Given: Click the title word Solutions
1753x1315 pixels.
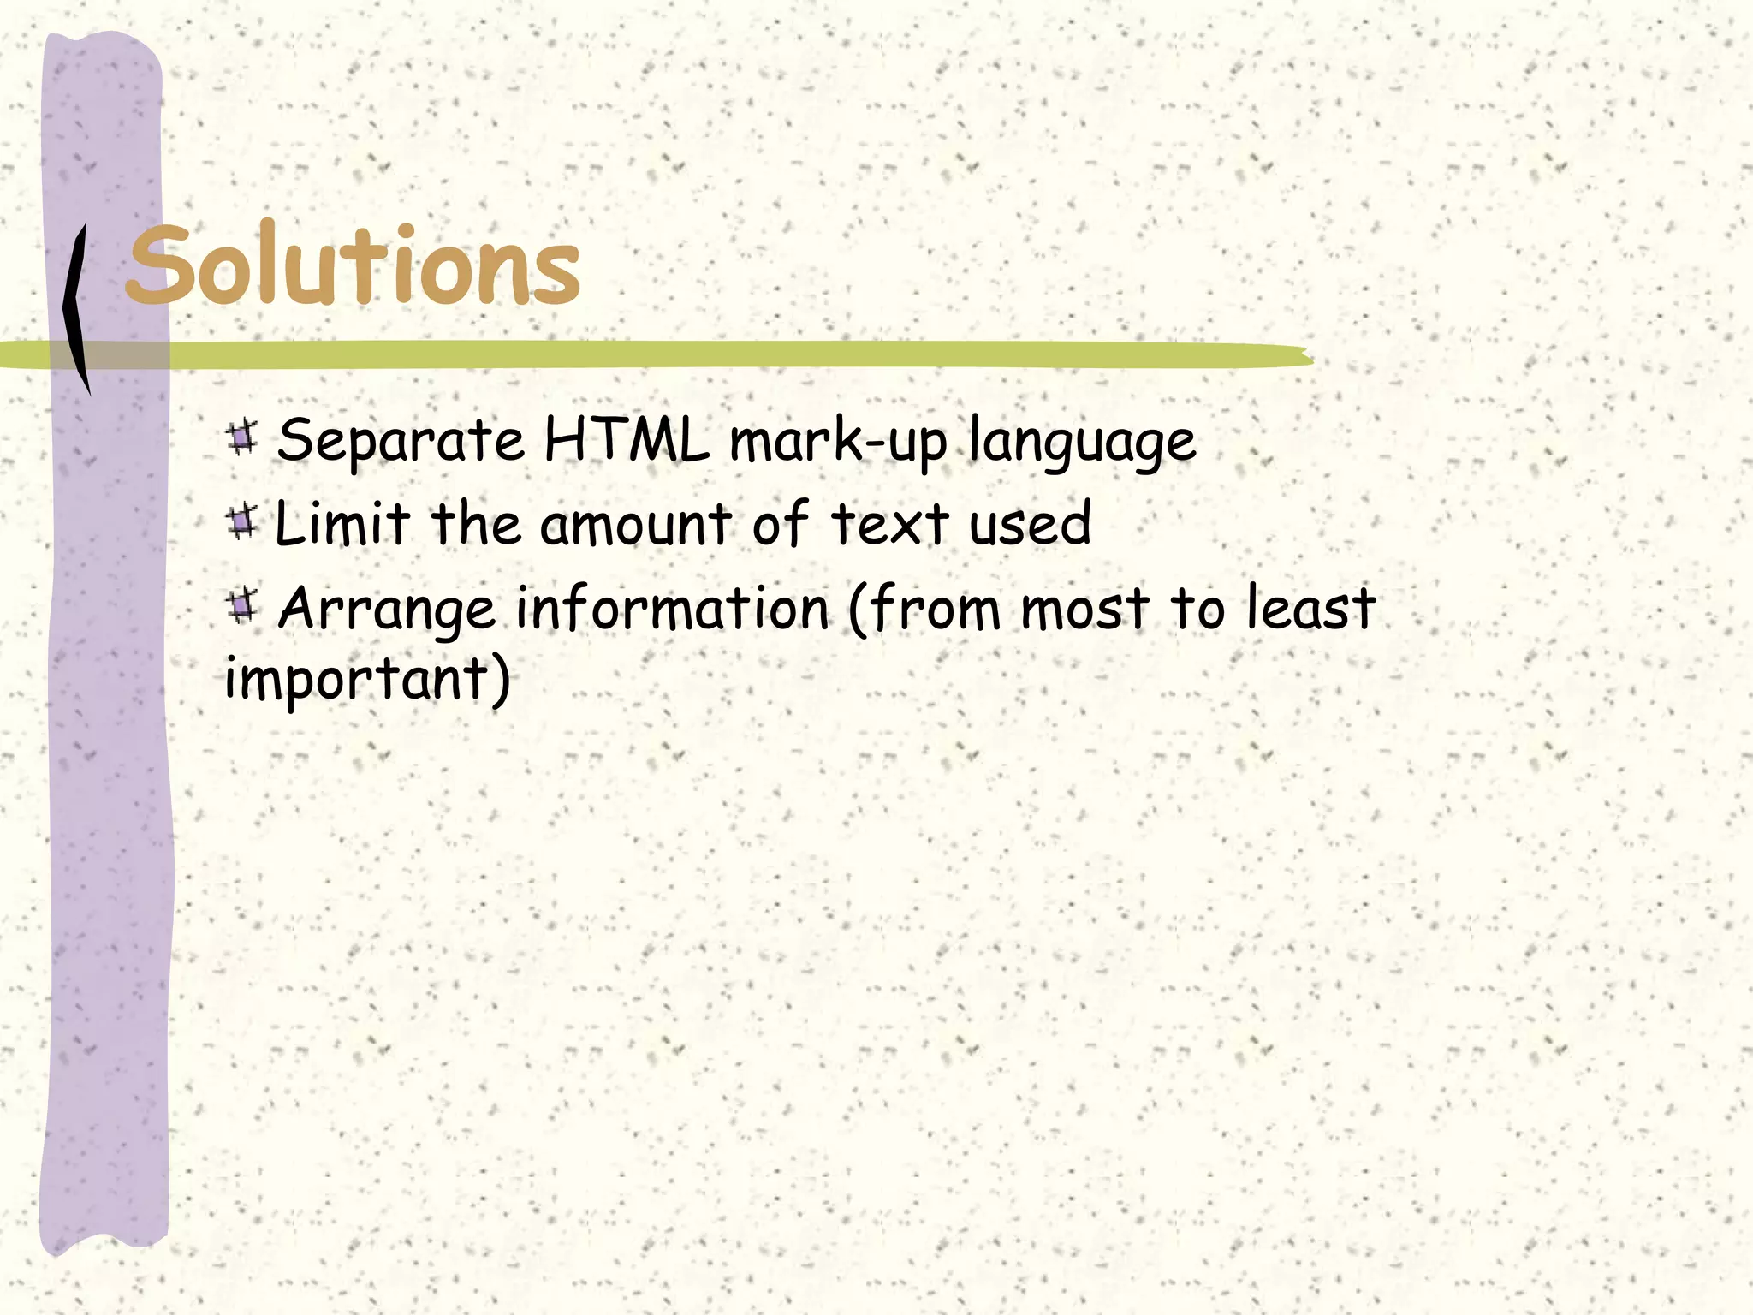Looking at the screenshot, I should [354, 265].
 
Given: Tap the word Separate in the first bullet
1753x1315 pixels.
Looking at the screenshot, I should [401, 441].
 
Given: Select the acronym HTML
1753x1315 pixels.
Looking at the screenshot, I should [627, 440].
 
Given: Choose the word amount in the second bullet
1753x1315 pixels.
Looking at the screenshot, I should [635, 525].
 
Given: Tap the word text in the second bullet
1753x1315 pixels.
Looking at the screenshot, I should [890, 523].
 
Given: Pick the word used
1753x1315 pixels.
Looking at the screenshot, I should [1030, 524].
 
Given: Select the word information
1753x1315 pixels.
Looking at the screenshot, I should [673, 608].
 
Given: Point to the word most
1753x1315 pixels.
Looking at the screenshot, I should [1084, 609].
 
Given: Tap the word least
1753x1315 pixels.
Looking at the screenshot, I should [1310, 607].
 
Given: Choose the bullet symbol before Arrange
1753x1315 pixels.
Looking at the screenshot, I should [243, 605].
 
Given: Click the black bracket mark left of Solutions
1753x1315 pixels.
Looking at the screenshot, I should [77, 308].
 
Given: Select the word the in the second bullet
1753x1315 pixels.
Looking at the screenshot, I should [476, 523].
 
